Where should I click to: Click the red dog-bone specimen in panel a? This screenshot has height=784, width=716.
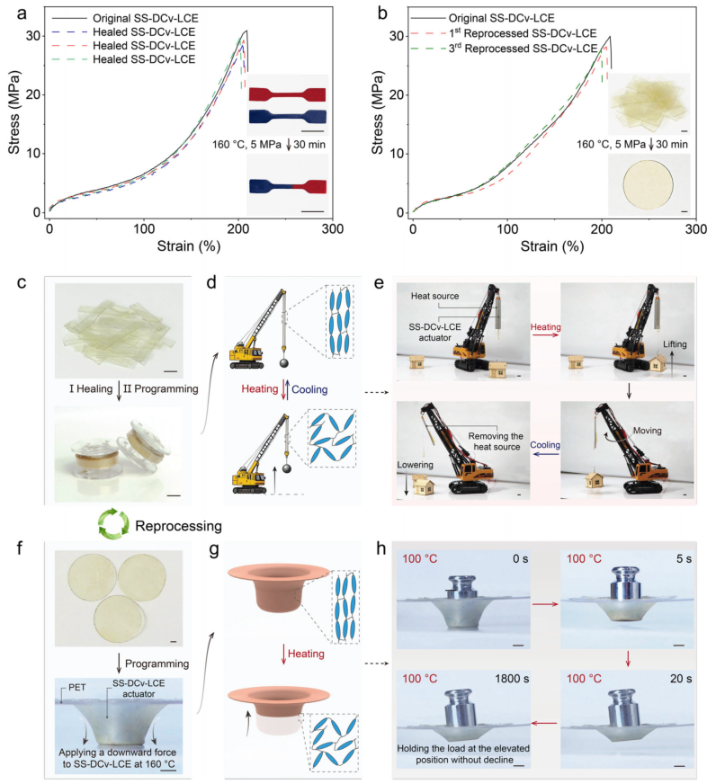[x=287, y=94]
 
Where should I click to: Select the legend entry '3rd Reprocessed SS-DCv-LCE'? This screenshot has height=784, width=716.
[x=505, y=49]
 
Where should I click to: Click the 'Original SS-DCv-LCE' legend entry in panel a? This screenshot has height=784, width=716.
[x=125, y=18]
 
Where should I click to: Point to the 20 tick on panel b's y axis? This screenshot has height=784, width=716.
[x=397, y=94]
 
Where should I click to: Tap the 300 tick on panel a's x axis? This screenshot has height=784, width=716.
[x=332, y=229]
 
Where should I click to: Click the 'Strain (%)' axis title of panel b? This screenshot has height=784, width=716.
[x=552, y=246]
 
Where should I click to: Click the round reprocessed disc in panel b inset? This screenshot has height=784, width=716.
[x=648, y=184]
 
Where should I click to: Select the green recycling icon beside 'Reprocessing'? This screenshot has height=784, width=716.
[x=113, y=524]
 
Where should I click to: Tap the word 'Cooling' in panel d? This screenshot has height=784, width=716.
[x=309, y=389]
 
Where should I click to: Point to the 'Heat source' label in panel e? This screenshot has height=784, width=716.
[x=434, y=296]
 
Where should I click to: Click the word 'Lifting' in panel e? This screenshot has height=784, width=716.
[x=675, y=344]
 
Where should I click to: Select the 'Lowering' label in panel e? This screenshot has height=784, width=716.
[x=416, y=465]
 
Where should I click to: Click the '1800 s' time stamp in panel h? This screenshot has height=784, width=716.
[x=512, y=679]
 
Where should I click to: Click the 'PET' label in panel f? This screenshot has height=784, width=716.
[x=77, y=687]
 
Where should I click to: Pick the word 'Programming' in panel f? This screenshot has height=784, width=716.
[x=157, y=664]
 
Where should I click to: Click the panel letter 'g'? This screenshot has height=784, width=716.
[x=214, y=549]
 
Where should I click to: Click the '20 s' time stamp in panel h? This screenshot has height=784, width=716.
[x=681, y=679]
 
